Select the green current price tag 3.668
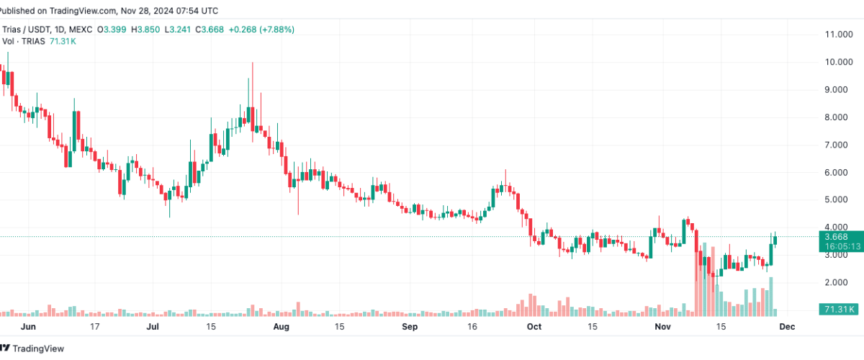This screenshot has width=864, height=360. (837, 237)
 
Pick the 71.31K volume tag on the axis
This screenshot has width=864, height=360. (838, 310)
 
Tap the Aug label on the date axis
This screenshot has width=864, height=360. (281, 326)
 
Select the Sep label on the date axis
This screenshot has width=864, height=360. (409, 326)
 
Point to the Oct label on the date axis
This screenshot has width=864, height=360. (534, 326)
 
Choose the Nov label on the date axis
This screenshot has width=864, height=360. (661, 326)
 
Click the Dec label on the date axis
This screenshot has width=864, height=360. (786, 326)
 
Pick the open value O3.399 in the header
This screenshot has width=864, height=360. (114, 30)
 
